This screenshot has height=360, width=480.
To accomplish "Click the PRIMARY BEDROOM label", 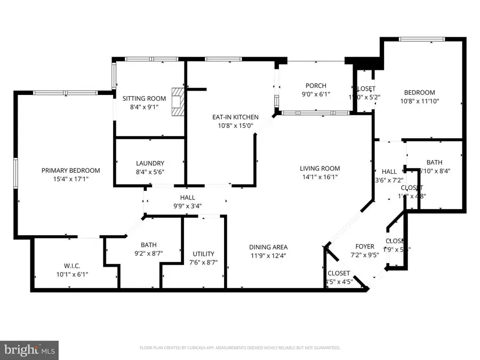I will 71,171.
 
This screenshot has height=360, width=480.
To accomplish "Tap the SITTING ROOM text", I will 144,99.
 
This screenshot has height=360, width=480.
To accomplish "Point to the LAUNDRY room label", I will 150,163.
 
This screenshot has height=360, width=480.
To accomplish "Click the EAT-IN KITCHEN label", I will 235,117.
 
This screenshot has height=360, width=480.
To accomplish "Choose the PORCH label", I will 316,86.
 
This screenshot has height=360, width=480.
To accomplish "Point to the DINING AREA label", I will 268,247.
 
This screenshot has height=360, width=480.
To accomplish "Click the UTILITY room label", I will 204,254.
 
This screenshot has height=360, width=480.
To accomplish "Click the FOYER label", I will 365,246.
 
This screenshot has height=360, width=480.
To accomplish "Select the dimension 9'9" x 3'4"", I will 187,206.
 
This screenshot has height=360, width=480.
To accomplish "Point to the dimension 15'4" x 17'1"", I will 71,179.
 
